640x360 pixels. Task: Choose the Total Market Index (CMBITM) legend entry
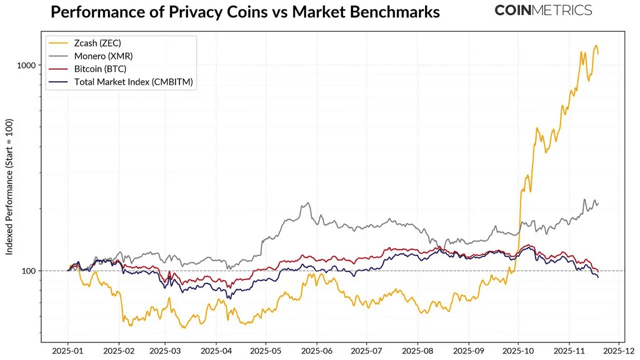click(x=134, y=82)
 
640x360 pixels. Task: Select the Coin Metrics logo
click(x=543, y=10)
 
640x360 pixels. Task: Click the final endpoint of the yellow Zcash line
click(x=598, y=54)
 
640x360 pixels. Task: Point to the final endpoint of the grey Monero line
click(x=598, y=203)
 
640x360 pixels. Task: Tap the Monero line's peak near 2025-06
click(x=308, y=203)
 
